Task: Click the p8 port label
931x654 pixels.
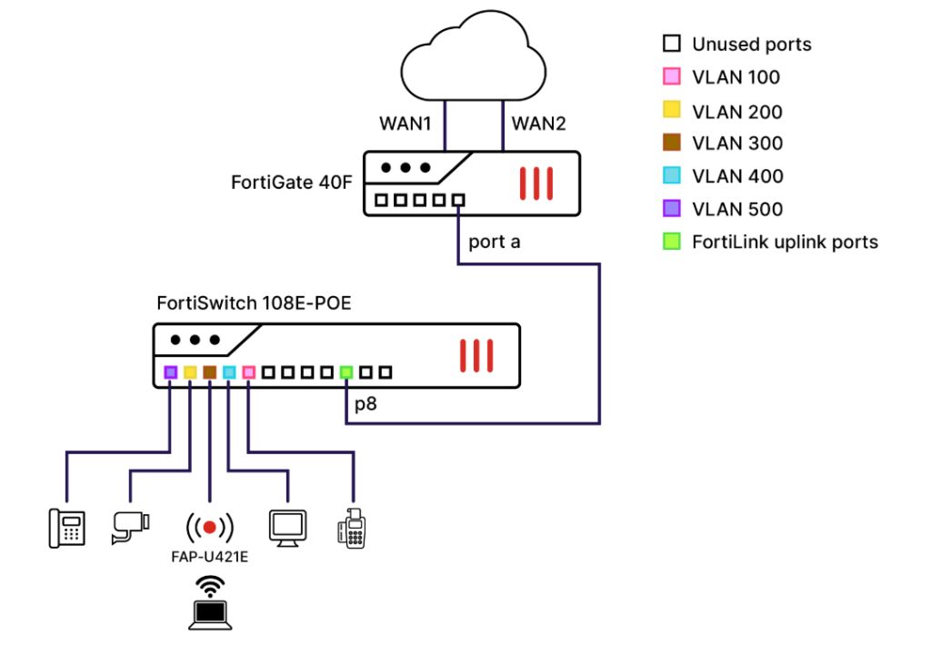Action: point(365,403)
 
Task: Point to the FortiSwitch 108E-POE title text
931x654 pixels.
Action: point(255,302)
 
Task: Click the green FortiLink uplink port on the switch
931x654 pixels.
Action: point(346,372)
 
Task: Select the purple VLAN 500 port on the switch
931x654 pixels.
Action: point(170,372)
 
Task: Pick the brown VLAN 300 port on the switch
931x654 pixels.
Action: point(209,372)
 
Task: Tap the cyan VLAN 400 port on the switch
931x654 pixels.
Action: point(229,372)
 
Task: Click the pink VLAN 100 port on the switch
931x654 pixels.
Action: point(248,372)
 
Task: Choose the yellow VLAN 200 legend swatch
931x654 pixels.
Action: point(671,111)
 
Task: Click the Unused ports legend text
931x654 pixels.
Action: point(751,44)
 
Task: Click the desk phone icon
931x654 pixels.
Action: point(66,527)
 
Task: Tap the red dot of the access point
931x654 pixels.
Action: point(210,526)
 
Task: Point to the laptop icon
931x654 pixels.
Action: point(209,615)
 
